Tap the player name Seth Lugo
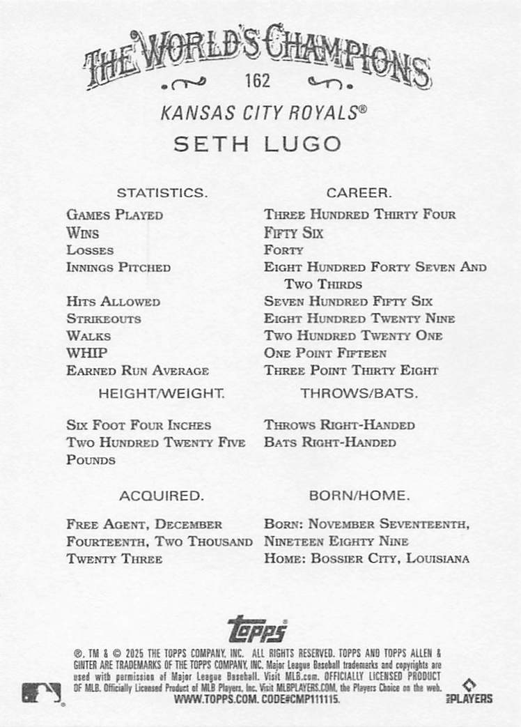[257, 144]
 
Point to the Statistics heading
[162, 192]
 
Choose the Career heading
[359, 192]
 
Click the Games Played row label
[115, 215]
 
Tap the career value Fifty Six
[293, 233]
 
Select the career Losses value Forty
[283, 250]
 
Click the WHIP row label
[87, 353]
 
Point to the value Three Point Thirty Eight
[351, 371]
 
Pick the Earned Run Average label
[138, 371]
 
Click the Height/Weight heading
[162, 393]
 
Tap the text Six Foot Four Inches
[139, 425]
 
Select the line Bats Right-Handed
[330, 443]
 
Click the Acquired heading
[162, 496]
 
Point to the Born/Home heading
[359, 496]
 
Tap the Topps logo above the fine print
[257, 628]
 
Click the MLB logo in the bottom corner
[41, 694]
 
